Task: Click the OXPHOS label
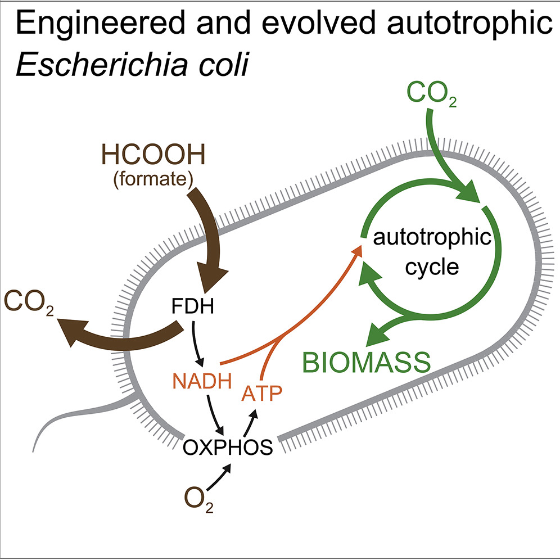tap(229, 448)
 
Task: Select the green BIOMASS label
tap(367, 362)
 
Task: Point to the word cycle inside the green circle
tap(432, 266)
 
